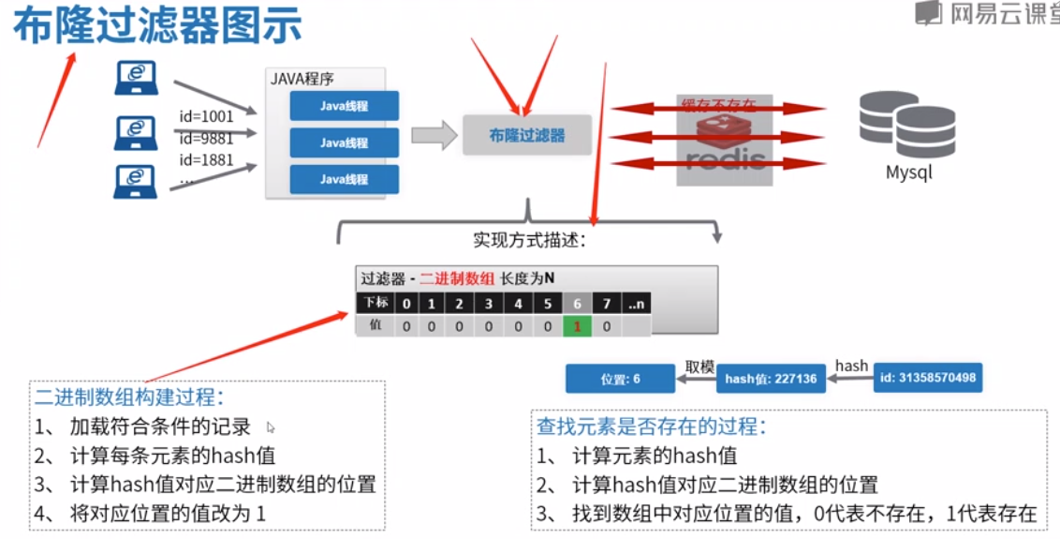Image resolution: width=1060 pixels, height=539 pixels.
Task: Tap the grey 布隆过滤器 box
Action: (x=527, y=135)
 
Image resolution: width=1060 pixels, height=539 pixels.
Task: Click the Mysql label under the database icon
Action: (x=908, y=172)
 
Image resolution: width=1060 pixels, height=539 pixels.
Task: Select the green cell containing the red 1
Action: (x=577, y=326)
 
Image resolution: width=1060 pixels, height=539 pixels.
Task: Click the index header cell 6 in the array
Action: (x=577, y=304)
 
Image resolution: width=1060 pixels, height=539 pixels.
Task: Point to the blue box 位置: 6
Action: (x=620, y=379)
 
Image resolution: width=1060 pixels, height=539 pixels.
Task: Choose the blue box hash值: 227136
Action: (x=771, y=379)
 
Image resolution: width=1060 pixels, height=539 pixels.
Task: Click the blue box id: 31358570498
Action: (x=927, y=378)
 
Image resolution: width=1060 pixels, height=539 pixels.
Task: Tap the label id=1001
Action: (x=206, y=117)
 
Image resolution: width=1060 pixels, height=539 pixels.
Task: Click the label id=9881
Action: (x=206, y=139)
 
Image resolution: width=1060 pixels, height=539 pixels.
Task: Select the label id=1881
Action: (x=206, y=159)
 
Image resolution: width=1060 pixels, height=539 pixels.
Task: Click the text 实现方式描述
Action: (x=529, y=240)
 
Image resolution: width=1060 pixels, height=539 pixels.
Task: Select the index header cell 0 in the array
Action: (x=405, y=304)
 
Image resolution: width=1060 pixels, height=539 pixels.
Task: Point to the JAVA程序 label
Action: (x=302, y=79)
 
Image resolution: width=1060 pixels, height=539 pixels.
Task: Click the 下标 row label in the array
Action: (x=375, y=304)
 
